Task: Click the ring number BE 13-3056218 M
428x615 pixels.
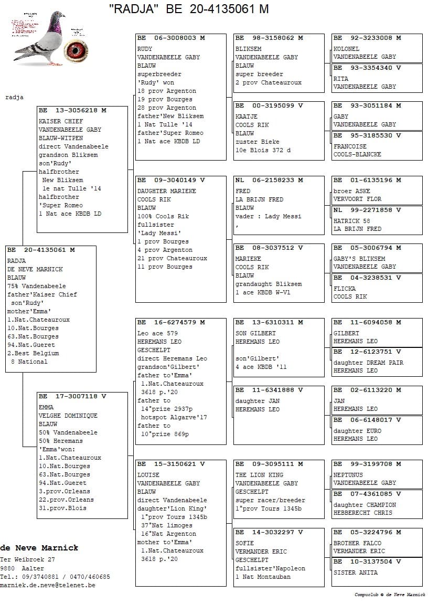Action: click(x=72, y=111)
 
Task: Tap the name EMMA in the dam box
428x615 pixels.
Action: click(x=46, y=407)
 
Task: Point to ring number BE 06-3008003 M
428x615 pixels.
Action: click(x=171, y=38)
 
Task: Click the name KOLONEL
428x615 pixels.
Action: click(x=347, y=49)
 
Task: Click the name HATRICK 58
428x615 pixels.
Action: click(x=352, y=221)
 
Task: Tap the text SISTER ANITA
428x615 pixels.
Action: click(x=356, y=572)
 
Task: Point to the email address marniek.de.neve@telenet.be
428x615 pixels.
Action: click(x=48, y=585)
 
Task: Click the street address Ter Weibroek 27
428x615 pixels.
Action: click(x=28, y=560)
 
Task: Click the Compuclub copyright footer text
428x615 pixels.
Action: click(x=390, y=595)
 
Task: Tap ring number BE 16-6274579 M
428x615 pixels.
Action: click(x=171, y=322)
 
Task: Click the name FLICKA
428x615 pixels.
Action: click(x=345, y=289)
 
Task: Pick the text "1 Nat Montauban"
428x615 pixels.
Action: click(x=263, y=577)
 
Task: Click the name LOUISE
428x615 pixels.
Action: click(x=148, y=475)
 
